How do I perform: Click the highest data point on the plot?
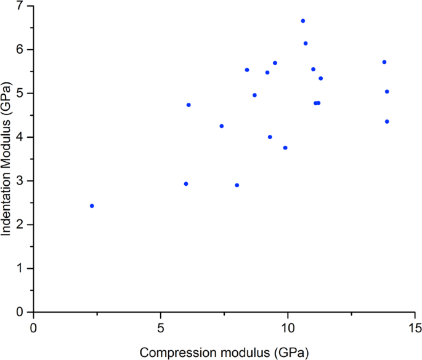point(303,21)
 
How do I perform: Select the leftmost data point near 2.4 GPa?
point(92,206)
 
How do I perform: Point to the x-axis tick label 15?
point(415,325)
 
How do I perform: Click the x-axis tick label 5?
point(161,325)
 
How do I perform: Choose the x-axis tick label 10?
point(288,325)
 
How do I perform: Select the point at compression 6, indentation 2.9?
point(186,184)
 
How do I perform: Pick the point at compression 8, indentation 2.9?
point(237,185)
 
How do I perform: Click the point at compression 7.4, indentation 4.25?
point(222,126)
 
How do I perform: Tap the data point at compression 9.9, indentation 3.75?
point(285,148)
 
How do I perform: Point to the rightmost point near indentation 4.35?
point(387,122)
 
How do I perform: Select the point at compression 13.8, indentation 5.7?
point(384,62)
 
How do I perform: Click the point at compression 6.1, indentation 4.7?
point(189,105)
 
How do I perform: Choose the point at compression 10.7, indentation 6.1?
point(306,43)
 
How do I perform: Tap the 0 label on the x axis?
point(34,325)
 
